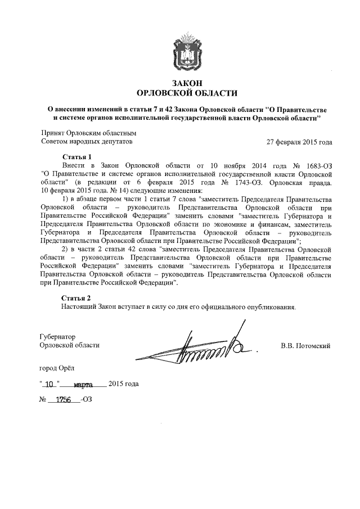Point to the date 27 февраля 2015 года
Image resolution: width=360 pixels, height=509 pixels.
(x=299, y=142)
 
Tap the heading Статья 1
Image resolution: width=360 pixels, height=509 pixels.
(x=75, y=157)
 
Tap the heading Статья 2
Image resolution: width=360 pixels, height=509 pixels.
(x=75, y=298)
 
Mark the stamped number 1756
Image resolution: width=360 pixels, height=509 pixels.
(x=65, y=401)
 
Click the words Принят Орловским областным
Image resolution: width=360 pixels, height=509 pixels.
(x=88, y=133)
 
